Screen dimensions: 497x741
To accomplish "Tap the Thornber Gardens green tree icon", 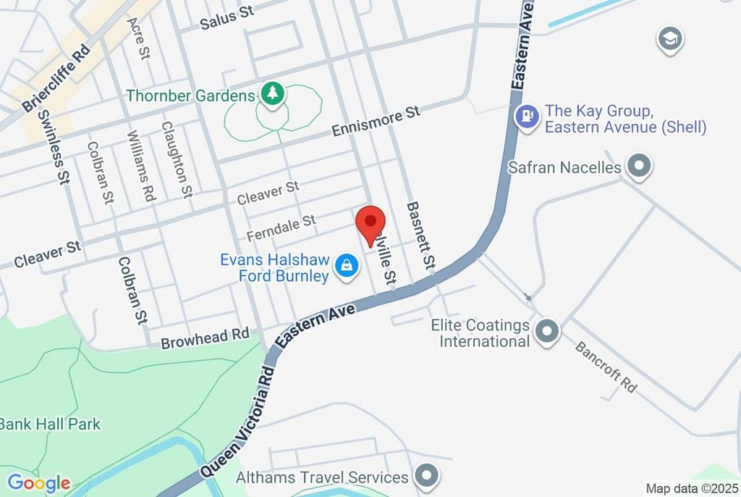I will (272, 94).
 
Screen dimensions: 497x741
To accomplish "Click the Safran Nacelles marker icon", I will (639, 167).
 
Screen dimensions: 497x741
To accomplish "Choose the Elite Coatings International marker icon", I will (548, 333).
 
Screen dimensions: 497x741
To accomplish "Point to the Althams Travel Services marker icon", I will (426, 476).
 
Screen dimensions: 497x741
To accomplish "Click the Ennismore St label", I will (376, 122).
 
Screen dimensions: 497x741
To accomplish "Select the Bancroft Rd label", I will (606, 367).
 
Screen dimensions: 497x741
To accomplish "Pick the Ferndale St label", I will (281, 226).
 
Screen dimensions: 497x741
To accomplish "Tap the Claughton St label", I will (177, 159).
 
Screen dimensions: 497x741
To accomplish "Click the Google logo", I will (39, 483).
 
